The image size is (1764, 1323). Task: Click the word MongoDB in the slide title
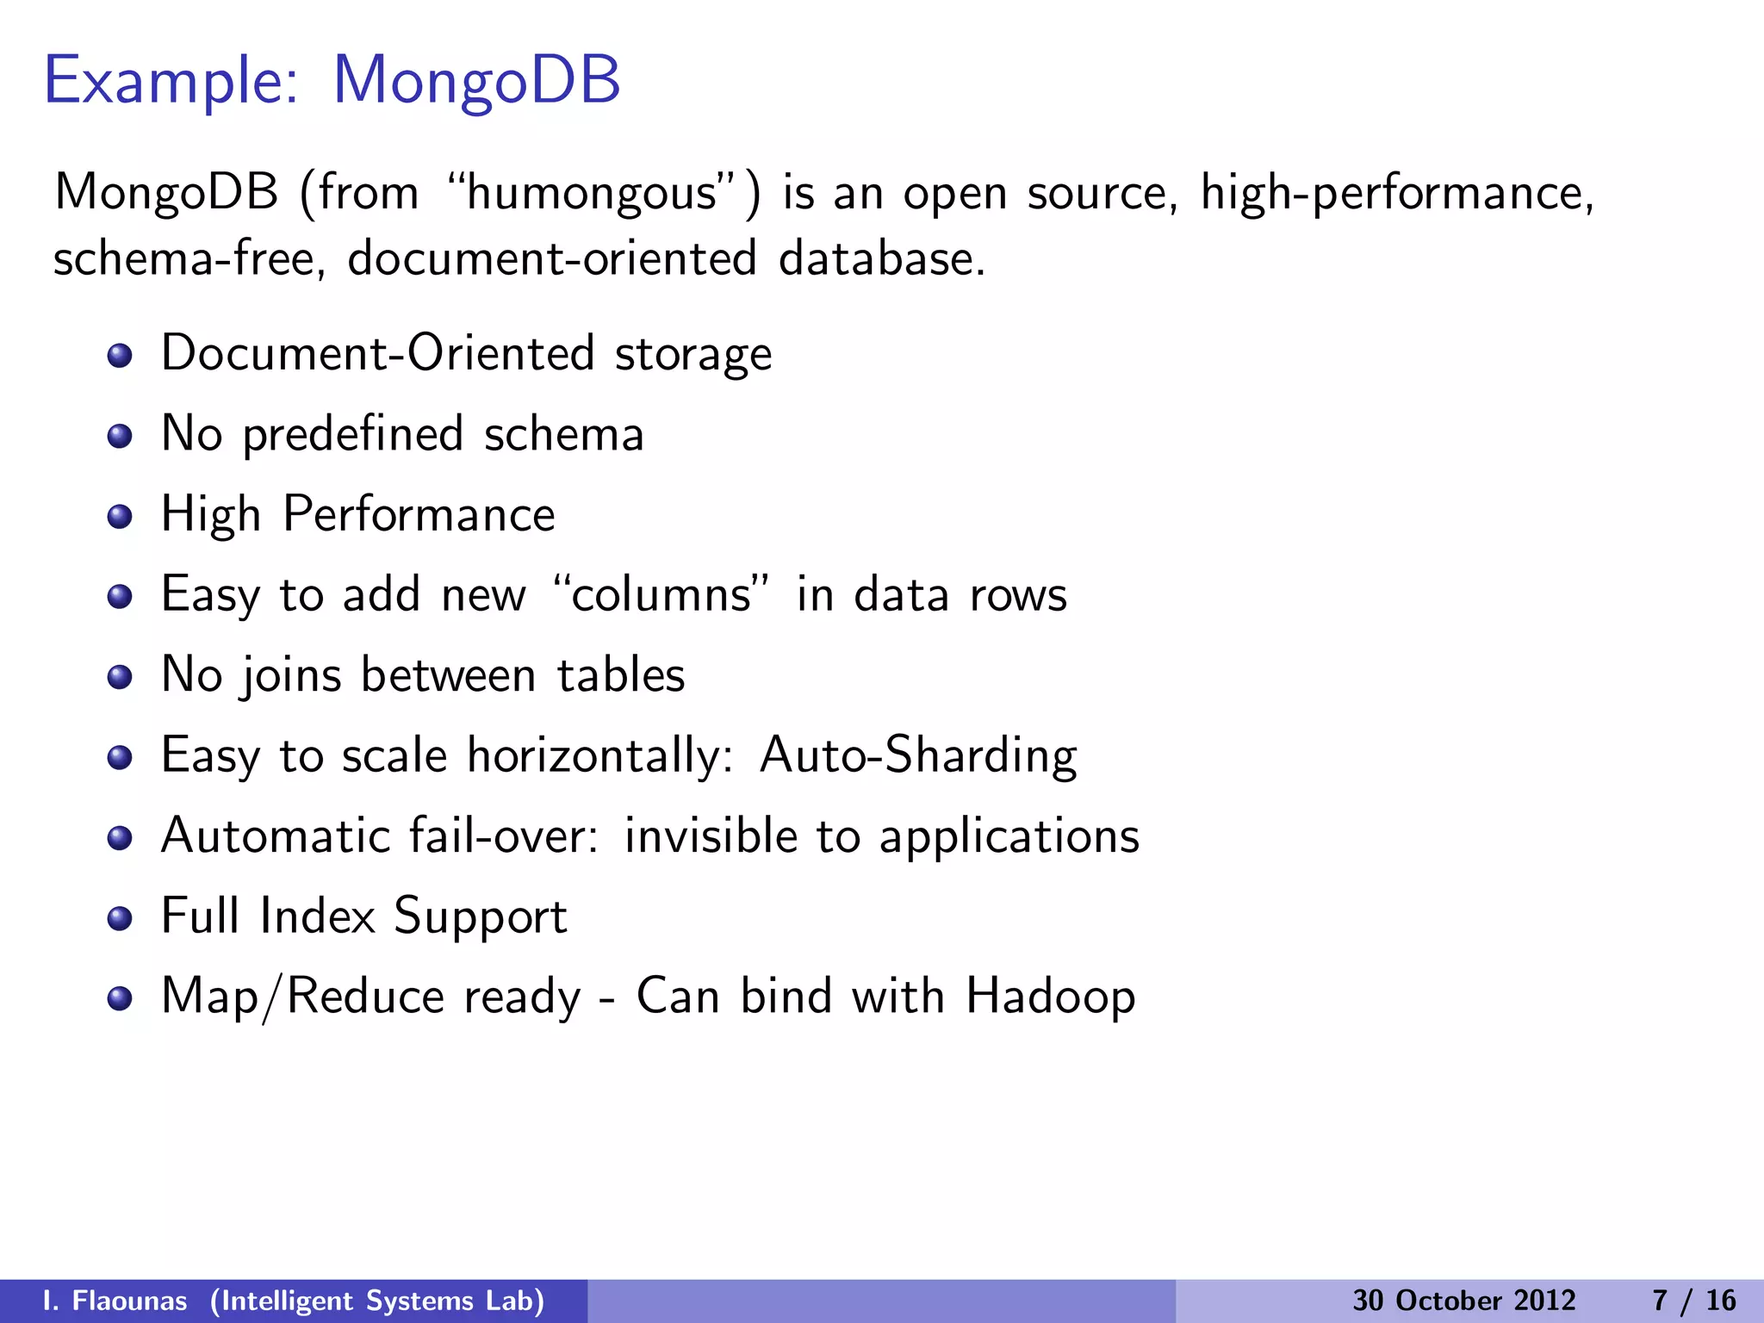(x=476, y=81)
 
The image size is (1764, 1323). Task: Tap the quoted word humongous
(x=593, y=193)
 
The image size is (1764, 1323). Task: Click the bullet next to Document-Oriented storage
(x=120, y=356)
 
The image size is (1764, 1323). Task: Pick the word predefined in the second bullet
(x=352, y=435)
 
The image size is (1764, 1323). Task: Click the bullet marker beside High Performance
(x=120, y=517)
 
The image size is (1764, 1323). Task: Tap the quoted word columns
(x=661, y=594)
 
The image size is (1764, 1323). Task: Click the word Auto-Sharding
(x=918, y=756)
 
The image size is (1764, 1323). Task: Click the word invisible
(x=711, y=835)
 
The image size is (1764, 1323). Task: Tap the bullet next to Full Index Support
(x=120, y=918)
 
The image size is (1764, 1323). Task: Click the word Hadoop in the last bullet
(x=1050, y=997)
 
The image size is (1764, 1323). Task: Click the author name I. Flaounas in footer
(x=115, y=1301)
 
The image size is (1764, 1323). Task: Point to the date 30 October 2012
(x=1463, y=1301)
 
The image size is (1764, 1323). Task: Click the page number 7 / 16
(x=1693, y=1301)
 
